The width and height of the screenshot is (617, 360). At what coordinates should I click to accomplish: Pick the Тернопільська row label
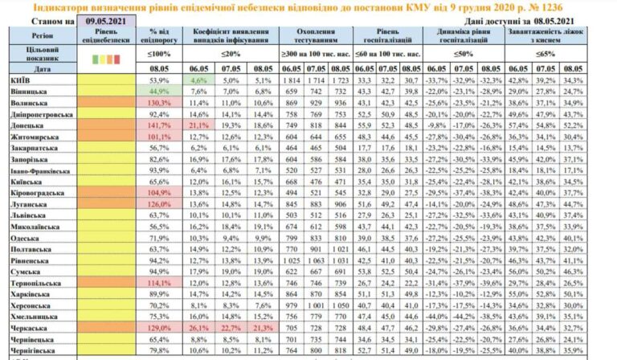click(x=38, y=284)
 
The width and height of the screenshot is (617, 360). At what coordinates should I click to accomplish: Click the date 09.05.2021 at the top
click(x=107, y=19)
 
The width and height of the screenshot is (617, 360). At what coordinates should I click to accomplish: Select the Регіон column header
click(x=42, y=37)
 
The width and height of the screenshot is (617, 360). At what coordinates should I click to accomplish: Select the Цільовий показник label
click(x=42, y=54)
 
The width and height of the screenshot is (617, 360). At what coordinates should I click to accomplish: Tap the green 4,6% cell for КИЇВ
click(x=199, y=81)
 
